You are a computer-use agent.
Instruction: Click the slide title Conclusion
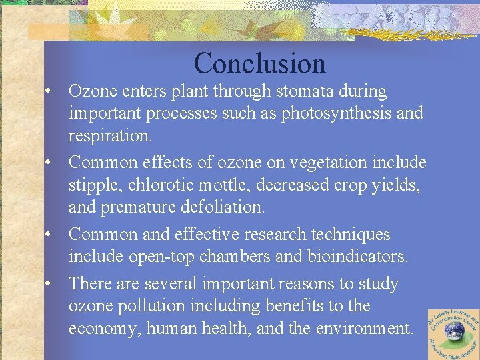coord(259,64)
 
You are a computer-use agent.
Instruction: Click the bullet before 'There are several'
coord(49,283)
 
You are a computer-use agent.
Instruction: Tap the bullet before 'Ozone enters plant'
coord(49,91)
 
